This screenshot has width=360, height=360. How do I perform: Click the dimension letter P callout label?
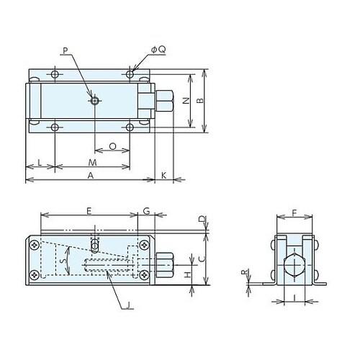66,50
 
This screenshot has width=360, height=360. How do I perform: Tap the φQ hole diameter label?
158,50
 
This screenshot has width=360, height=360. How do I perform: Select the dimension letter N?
186,101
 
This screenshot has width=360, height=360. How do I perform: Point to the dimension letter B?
200,101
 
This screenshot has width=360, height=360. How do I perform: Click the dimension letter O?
112,146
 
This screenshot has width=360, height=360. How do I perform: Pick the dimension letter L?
40,163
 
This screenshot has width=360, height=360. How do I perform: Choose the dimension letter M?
92,163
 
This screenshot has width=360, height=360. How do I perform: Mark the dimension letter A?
90,176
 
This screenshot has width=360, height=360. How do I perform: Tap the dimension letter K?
163,176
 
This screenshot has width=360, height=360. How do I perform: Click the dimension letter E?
89,212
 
